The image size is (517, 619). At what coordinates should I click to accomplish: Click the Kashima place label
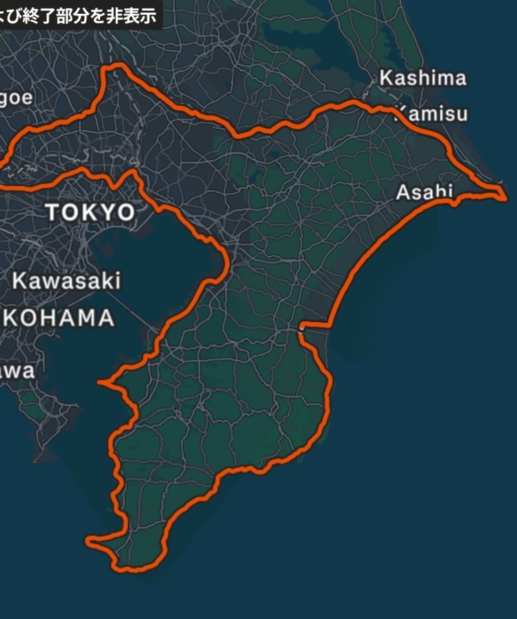coord(423,78)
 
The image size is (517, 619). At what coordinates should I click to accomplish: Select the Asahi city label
coord(424,192)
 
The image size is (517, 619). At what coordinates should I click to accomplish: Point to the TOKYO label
coord(90,212)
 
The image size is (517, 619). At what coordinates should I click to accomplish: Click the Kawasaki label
coord(66,281)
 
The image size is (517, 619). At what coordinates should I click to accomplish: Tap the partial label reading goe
coord(16,98)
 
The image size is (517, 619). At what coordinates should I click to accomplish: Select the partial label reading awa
coord(17,371)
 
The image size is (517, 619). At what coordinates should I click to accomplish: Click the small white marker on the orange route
coord(300,329)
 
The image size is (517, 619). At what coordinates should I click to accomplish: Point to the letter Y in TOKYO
coord(109,212)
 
